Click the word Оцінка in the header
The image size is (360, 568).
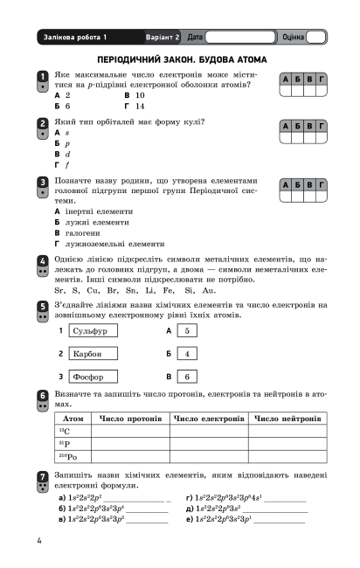click(294, 38)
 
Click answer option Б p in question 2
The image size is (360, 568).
click(61, 142)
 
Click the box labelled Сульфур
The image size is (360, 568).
click(92, 332)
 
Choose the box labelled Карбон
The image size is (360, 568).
click(92, 354)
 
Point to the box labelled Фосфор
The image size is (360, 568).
click(92, 378)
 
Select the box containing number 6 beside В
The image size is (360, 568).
click(186, 378)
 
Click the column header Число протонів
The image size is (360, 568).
click(133, 419)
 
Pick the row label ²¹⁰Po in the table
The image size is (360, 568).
click(68, 456)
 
